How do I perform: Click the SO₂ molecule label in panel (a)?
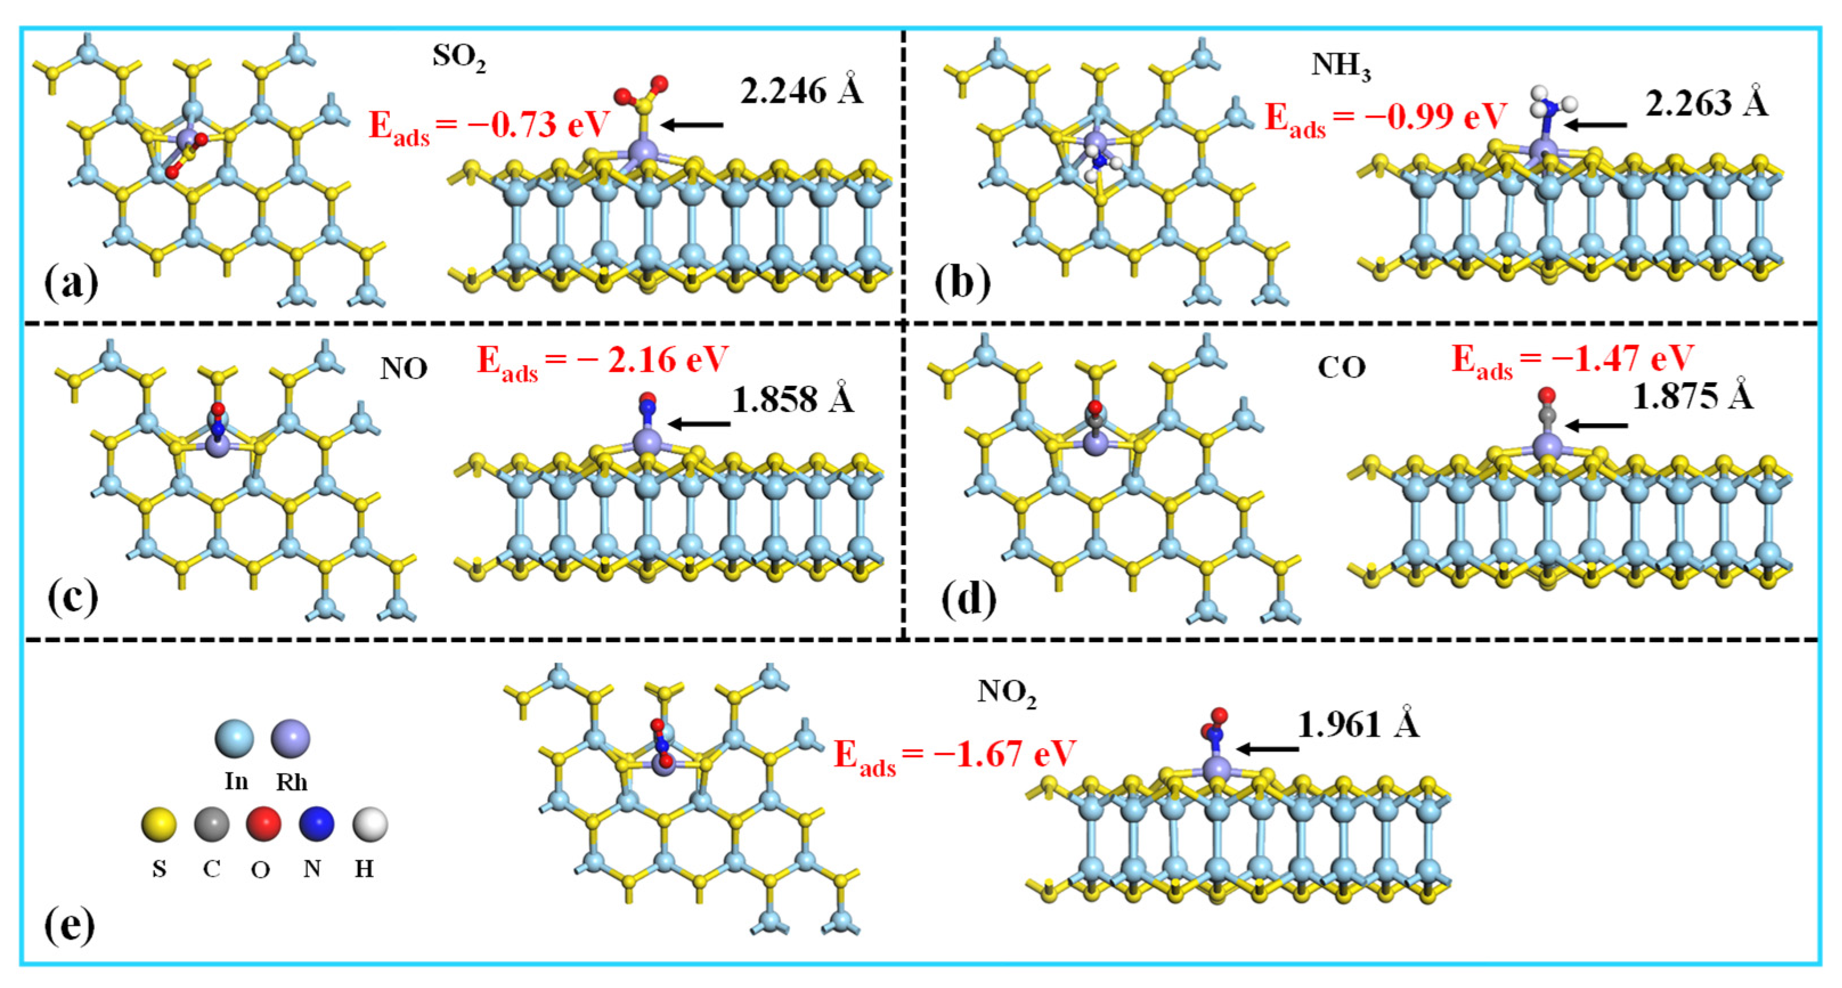coord(458,57)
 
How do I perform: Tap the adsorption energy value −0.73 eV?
coord(489,126)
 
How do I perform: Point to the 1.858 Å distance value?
coord(793,401)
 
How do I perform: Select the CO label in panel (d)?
coord(1342,368)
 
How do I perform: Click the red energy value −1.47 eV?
coord(1572,360)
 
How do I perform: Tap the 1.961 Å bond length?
coord(1357,726)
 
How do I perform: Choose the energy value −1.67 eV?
coord(955,755)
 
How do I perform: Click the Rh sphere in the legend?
coord(290,738)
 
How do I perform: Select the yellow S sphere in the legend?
coord(159,824)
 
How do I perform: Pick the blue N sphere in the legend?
coord(316,824)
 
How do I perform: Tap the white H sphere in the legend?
coord(370,824)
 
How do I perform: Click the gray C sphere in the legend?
coord(211,824)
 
